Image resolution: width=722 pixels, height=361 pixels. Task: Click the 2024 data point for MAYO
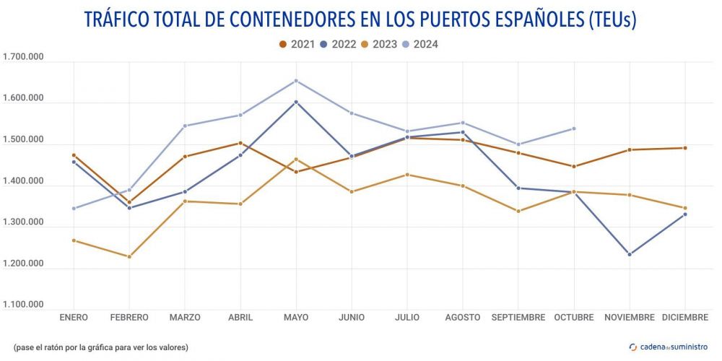tap(296, 81)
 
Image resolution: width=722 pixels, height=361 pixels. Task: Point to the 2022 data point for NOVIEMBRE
tap(630, 254)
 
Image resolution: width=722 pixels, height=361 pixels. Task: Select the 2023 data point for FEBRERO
tap(129, 256)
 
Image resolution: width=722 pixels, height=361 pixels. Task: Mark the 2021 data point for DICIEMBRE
tap(685, 148)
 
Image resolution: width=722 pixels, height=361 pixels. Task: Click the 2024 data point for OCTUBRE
tap(574, 129)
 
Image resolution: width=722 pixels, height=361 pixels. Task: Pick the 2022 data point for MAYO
tap(296, 102)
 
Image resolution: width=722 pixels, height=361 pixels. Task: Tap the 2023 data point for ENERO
tap(74, 240)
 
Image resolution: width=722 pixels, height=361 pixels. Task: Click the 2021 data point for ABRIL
tap(240, 143)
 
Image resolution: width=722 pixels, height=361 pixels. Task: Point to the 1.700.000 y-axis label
tap(24, 57)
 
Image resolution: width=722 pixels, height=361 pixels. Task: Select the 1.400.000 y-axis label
tap(24, 181)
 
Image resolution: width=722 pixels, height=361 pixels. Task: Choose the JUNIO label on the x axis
tap(352, 317)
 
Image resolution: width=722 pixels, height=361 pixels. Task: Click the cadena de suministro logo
tap(669, 347)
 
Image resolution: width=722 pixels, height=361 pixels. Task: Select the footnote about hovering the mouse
tap(101, 347)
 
